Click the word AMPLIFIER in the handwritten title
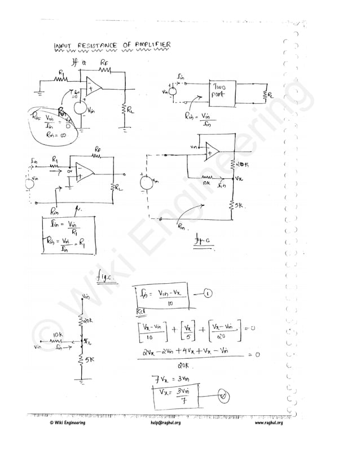point(151,45)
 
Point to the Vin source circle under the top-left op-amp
point(80,107)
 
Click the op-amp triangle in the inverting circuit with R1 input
point(85,171)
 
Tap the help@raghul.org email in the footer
point(166,423)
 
